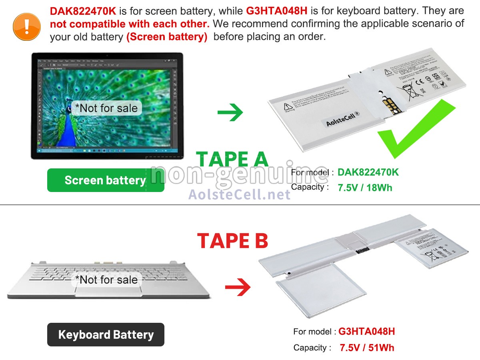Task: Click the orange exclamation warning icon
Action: tap(27, 26)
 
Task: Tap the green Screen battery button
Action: tap(106, 180)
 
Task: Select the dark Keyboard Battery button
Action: tap(106, 334)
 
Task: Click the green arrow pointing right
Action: tap(230, 112)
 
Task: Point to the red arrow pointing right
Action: tap(238, 287)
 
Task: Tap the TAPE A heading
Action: tap(232, 159)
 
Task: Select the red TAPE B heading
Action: tap(232, 241)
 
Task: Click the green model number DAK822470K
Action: tap(368, 172)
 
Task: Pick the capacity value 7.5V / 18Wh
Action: tap(365, 188)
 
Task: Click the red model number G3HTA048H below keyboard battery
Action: tap(366, 332)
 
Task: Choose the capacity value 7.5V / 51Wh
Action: tap(367, 348)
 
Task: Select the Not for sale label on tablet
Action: tap(106, 108)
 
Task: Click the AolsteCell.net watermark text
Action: tap(239, 194)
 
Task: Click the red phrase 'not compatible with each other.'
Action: tap(130, 24)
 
